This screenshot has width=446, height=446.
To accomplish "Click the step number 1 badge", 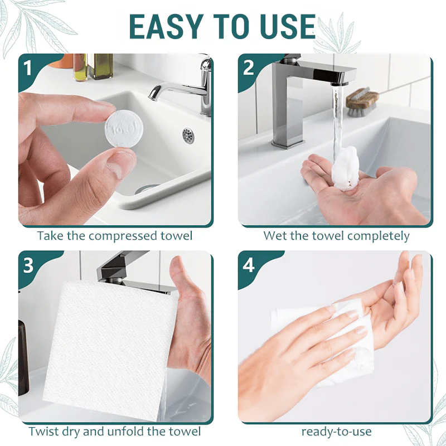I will [28, 67].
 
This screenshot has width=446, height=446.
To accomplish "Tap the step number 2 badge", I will [249, 67].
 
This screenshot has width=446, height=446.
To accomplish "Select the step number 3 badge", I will [28, 265].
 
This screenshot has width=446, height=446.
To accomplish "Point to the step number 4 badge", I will [249, 265].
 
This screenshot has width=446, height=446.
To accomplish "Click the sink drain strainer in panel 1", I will [188, 134].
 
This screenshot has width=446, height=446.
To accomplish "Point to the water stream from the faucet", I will [336, 117].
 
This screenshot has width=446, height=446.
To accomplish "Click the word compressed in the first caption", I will [123, 236].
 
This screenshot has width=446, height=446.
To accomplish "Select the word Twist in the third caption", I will [43, 431].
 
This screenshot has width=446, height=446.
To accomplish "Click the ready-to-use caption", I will [336, 431].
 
